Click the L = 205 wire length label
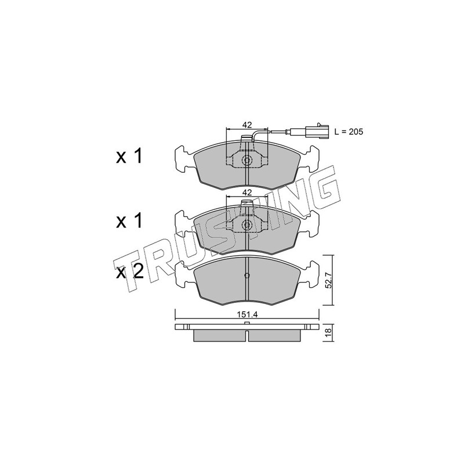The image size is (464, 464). coord(349,132)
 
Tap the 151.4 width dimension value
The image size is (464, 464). coord(247,314)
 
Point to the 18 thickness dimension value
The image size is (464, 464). coord(329,332)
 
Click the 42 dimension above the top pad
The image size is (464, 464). coord(247,125)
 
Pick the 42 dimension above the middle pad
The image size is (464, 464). coord(247,193)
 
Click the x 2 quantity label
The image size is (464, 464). coord(129,271)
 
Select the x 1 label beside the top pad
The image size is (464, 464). coord(129,156)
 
